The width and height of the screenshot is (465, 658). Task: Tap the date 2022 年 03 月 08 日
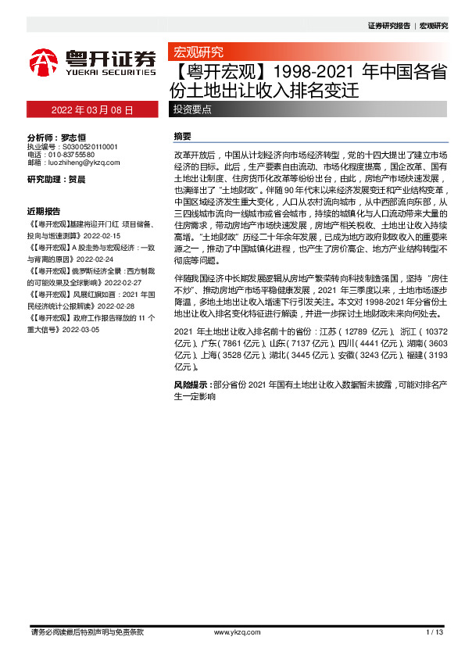coord(92,109)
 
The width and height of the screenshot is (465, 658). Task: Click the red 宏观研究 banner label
coord(198,52)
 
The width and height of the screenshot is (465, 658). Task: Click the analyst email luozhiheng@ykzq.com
coord(84,163)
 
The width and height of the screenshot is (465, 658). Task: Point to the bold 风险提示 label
coord(191,385)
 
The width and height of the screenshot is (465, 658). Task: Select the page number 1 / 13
coord(435,631)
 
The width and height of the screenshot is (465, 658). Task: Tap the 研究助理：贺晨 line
coord(56,179)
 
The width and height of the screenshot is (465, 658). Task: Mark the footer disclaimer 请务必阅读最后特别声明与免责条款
coord(88,631)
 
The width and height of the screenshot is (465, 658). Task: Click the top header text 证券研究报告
coord(388,26)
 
